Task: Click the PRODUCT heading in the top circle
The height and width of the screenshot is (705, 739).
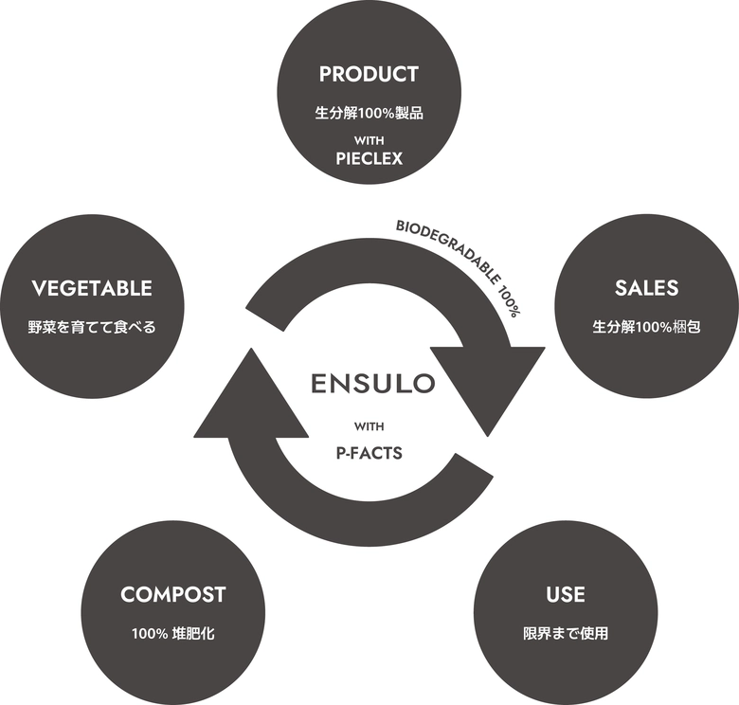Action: click(369, 74)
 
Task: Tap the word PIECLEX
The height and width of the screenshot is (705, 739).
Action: click(369, 159)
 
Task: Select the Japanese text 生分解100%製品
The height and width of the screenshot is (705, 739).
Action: click(369, 113)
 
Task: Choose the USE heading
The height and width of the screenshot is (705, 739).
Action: click(566, 595)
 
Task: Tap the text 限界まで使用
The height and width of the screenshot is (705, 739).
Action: click(566, 633)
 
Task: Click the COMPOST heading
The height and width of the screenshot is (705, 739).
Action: click(173, 595)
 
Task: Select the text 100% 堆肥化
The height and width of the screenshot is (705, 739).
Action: click(173, 633)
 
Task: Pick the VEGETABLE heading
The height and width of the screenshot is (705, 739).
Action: click(92, 288)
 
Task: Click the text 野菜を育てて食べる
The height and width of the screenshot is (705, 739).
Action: click(92, 328)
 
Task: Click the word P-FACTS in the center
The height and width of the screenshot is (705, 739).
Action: click(369, 453)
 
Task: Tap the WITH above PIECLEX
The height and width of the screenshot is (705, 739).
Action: click(369, 140)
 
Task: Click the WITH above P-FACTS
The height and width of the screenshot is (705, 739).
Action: click(369, 426)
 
